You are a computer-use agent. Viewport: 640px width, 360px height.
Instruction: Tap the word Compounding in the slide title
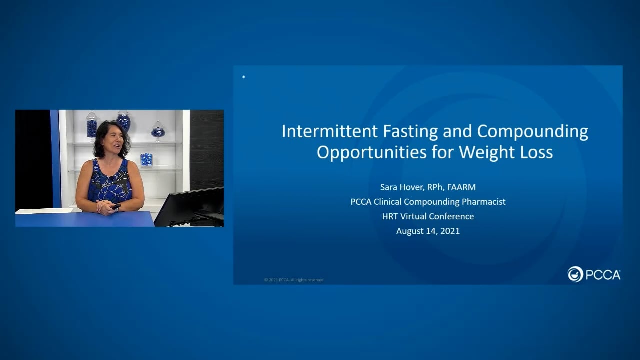532,131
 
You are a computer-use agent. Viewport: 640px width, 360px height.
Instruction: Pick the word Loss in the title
536,152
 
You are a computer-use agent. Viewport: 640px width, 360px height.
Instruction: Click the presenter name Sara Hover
401,187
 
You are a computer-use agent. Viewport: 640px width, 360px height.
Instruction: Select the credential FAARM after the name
462,187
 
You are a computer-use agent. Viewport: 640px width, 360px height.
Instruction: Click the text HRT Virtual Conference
428,216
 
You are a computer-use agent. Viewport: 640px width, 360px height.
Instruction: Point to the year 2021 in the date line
450,231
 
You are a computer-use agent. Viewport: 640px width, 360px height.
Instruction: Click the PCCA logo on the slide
594,274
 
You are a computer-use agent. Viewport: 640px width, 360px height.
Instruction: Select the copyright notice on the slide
294,280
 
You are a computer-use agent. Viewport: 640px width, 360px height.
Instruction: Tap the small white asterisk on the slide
243,77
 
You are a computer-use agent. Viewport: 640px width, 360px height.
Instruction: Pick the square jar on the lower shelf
146,159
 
